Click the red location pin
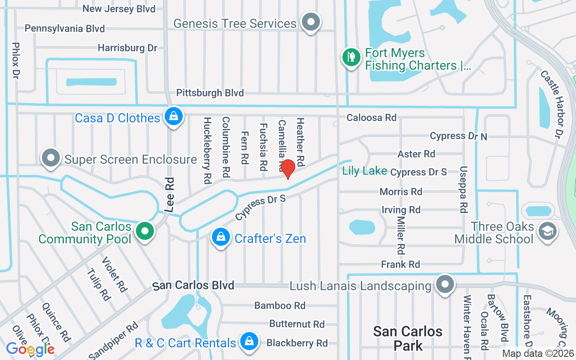(288, 169)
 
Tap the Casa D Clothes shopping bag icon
(173, 116)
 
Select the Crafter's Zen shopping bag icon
(221, 237)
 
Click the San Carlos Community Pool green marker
(144, 231)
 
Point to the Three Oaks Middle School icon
(548, 231)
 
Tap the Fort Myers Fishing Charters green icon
(351, 57)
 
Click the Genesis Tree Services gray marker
(310, 22)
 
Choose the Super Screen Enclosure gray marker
(51, 158)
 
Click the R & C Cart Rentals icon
(248, 342)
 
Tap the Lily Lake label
(364, 171)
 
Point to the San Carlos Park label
(408, 338)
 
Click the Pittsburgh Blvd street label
(210, 93)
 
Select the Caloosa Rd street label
(371, 117)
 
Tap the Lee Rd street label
(170, 194)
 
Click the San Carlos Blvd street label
(193, 285)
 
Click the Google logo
(30, 349)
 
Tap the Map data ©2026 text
(538, 354)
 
